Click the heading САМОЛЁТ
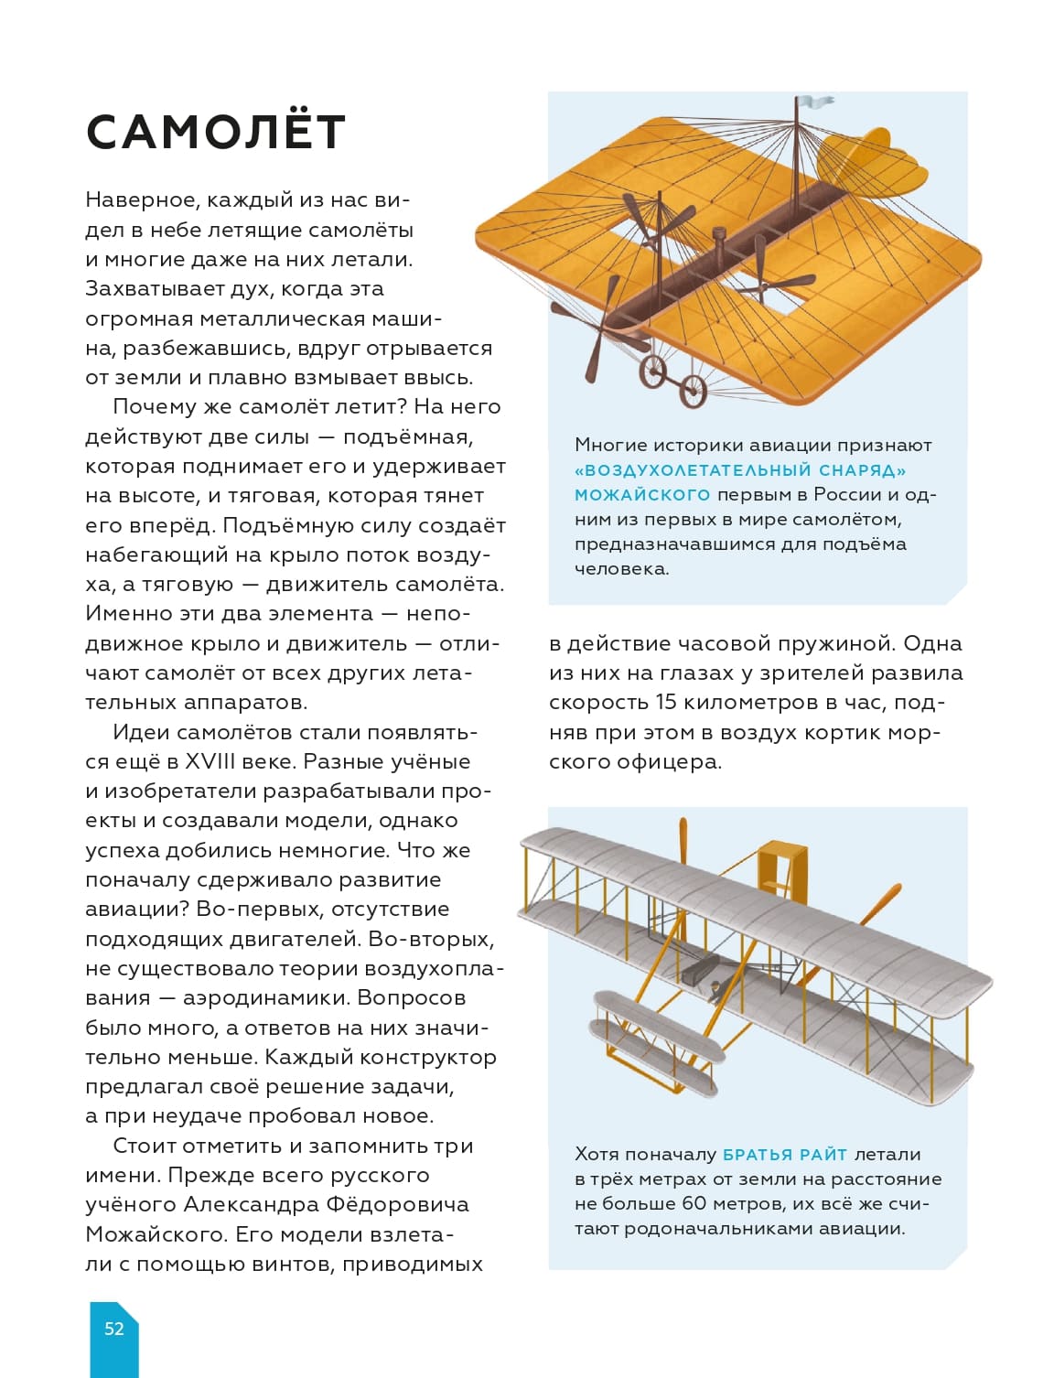(x=215, y=133)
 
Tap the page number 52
(x=113, y=1329)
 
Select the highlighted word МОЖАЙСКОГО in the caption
(x=642, y=495)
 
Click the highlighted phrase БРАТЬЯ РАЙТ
(x=785, y=1155)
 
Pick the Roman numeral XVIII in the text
(x=210, y=762)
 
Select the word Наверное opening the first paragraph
(x=140, y=200)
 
